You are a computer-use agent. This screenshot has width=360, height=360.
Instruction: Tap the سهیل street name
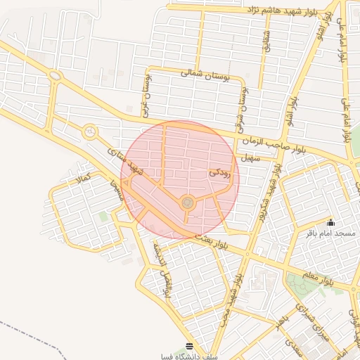tap(250, 159)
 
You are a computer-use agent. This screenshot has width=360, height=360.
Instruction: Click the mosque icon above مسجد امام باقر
tap(330, 222)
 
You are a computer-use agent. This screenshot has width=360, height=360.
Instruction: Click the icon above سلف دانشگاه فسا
tap(189, 346)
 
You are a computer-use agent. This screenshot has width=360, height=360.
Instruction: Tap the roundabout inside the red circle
tap(187, 203)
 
